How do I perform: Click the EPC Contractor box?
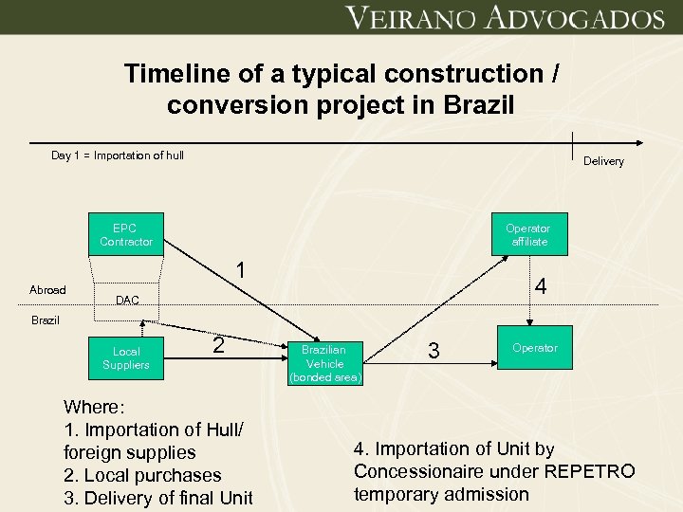[126, 234]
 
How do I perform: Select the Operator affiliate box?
[527, 234]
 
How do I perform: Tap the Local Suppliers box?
[126, 357]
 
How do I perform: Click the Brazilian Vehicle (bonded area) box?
[324, 363]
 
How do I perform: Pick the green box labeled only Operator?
[535, 348]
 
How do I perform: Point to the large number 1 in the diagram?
[242, 270]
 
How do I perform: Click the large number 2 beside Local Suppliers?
[218, 345]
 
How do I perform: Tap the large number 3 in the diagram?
[434, 351]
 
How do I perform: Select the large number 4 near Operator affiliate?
[540, 285]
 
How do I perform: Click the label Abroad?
[47, 290]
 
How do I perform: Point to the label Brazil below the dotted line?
[45, 320]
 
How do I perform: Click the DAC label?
[127, 301]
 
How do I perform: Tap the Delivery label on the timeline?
[603, 161]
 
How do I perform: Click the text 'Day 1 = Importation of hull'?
[118, 155]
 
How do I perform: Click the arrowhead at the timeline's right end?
[642, 143]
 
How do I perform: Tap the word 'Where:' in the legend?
[93, 407]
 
